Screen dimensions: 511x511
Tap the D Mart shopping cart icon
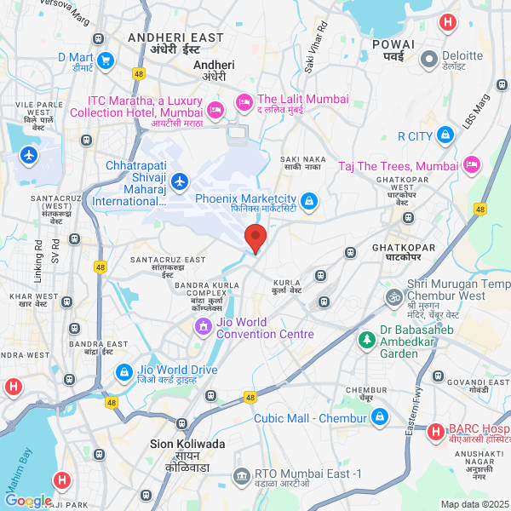[106, 60]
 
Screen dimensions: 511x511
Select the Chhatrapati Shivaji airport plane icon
[179, 181]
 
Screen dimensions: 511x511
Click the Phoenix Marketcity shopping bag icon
[308, 201]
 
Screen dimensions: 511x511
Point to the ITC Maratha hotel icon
[215, 108]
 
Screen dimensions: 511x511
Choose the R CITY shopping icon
[445, 135]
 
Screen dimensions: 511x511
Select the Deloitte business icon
[428, 60]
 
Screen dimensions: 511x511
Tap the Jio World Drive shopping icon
[124, 373]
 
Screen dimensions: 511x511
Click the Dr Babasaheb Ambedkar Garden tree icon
[367, 339]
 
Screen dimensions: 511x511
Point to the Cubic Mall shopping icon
[379, 417]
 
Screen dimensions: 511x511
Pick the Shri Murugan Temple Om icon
[393, 297]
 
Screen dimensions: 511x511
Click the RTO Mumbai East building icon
[242, 474]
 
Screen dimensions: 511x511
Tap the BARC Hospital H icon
[435, 433]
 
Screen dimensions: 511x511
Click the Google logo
[27, 502]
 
